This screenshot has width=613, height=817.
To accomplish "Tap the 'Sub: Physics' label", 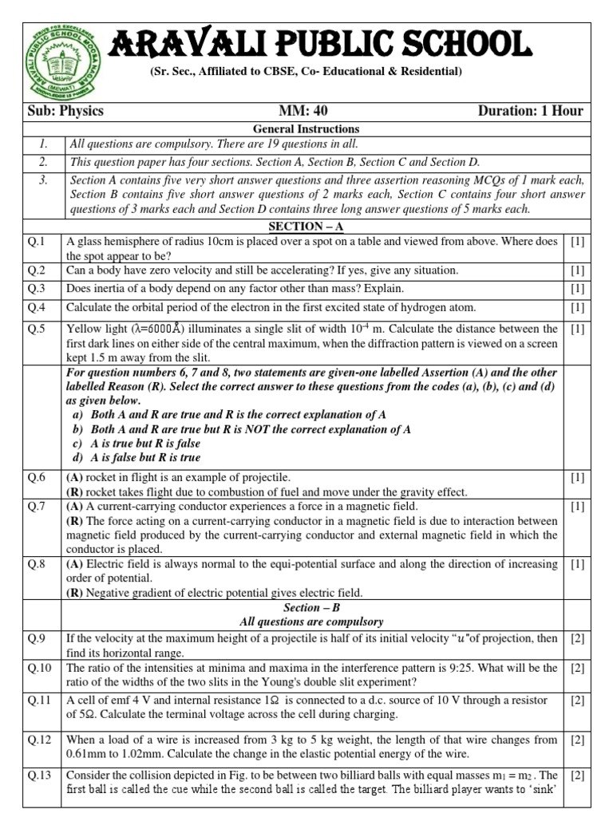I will (66, 111).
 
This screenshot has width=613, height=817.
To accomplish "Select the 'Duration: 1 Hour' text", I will (530, 111).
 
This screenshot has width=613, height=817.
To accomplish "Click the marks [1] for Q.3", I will (577, 289).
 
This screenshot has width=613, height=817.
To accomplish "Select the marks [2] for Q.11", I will (577, 701).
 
